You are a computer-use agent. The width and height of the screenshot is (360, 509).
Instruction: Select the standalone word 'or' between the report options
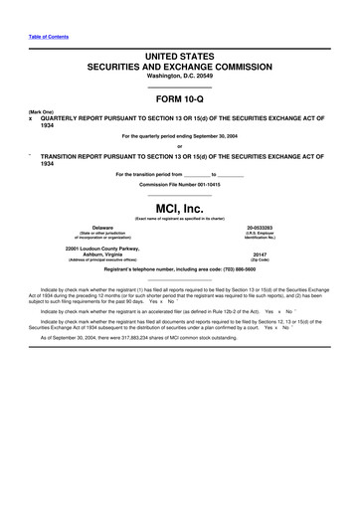179,145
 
